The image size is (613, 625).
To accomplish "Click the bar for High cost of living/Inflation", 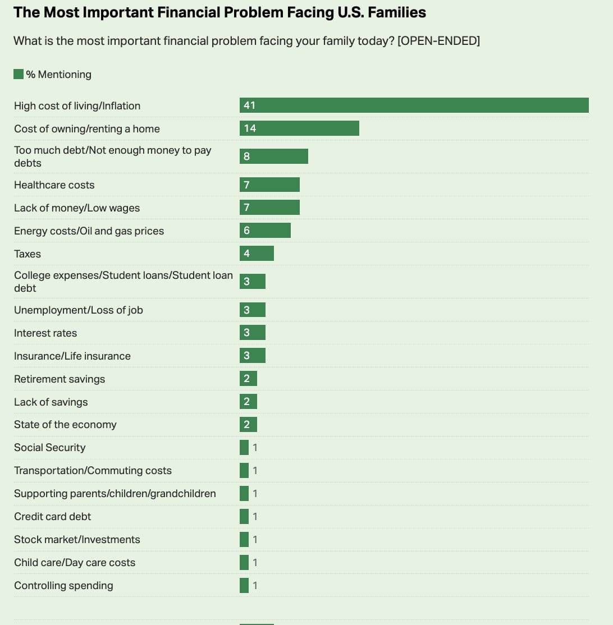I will coord(414,105).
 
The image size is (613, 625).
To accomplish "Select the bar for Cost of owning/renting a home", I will coord(299,128).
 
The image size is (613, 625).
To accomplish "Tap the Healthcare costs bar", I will coord(269,185).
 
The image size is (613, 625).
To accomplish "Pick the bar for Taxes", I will coord(257,254).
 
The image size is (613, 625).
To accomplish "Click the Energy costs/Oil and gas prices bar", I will coord(265,231).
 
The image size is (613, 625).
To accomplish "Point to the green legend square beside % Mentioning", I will coord(19,74).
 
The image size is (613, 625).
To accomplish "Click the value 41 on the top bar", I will coord(250,105).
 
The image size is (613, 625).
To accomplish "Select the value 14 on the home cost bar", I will coord(250,128).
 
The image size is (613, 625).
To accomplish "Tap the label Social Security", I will coord(49,448).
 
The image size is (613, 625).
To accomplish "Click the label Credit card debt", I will coord(52,517).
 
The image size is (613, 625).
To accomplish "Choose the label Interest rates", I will coord(45,333).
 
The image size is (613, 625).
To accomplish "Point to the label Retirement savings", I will coord(60,379).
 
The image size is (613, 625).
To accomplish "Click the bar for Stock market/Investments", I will coord(244,540).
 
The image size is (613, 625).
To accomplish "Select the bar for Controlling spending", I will coord(244,586).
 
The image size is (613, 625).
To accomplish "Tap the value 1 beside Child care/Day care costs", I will coord(255,563).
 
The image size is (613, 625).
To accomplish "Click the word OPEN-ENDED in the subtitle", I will coord(438,41).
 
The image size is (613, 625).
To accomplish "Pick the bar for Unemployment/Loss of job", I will coord(253,310).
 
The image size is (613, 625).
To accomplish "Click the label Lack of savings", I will coord(51,402).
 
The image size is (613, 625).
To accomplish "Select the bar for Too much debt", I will coord(274,157).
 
